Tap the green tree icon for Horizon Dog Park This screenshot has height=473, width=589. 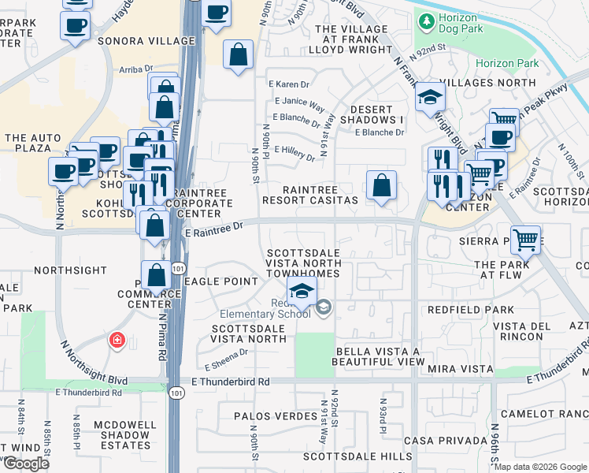click(x=426, y=20)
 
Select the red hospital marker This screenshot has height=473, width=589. click(x=117, y=340)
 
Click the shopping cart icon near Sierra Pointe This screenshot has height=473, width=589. click(x=525, y=238)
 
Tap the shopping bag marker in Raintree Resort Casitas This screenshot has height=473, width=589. click(x=381, y=187)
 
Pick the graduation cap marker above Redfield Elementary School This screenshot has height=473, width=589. click(x=302, y=291)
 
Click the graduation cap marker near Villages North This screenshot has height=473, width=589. click(x=431, y=97)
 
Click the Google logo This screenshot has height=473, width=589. click(x=26, y=464)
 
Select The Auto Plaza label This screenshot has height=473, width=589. click(x=33, y=143)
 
